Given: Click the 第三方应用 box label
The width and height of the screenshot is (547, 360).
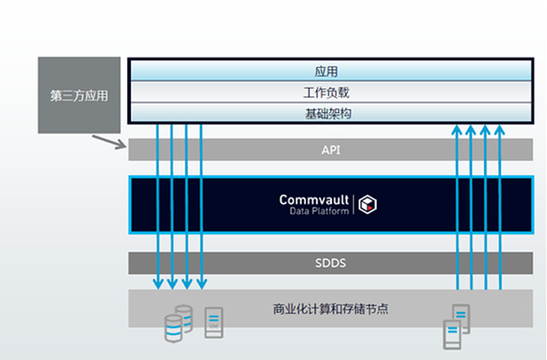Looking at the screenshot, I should click(78, 96).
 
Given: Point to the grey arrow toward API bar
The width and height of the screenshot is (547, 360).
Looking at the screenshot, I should click(109, 142).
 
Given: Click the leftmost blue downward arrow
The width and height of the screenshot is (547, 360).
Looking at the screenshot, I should click(157, 203).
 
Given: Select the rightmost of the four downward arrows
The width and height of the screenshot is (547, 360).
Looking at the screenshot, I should click(202, 203).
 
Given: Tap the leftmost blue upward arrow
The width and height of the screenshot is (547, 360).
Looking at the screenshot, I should click(456, 203).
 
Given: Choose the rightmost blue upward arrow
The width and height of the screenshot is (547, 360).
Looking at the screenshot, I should click(500, 203).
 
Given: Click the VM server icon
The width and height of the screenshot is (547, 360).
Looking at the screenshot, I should click(213, 322).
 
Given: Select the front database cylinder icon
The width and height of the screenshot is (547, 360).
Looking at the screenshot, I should click(173, 329).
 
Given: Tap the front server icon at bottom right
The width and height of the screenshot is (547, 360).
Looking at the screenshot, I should click(452, 334).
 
